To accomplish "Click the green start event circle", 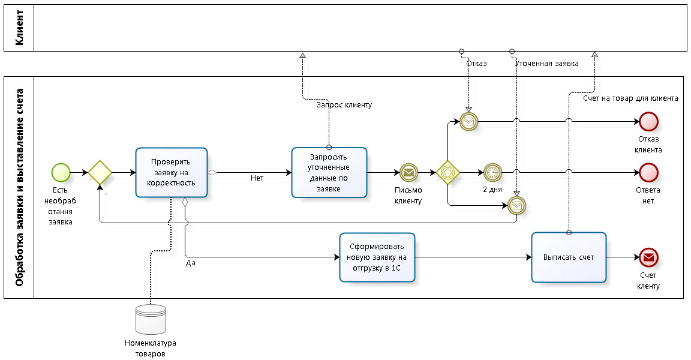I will tap(61, 173).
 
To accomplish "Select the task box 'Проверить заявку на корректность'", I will tap(171, 173).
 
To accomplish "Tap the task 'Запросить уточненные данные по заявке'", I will tap(329, 172).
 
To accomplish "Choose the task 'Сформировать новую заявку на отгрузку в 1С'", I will tap(377, 257).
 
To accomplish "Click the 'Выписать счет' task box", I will tap(569, 257).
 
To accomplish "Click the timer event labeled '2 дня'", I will tap(492, 173).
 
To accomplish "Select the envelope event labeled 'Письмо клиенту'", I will tap(408, 173).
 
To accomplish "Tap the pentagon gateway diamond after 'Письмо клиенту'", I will tap(447, 173).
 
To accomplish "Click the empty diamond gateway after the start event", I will tap(100, 173).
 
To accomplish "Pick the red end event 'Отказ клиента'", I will tap(648, 122).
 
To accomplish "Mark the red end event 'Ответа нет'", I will tap(648, 173).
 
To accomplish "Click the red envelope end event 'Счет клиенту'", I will tap(648, 257).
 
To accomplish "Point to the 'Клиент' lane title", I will tap(19, 28).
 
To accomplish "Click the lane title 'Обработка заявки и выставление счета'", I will tap(19, 187).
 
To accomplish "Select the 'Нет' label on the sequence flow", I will tap(257, 178).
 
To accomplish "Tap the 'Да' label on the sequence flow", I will tap(191, 263).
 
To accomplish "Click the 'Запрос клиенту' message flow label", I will tap(344, 105).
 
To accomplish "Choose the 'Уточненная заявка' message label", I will tap(547, 64).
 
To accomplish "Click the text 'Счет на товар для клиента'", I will tap(630, 98).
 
